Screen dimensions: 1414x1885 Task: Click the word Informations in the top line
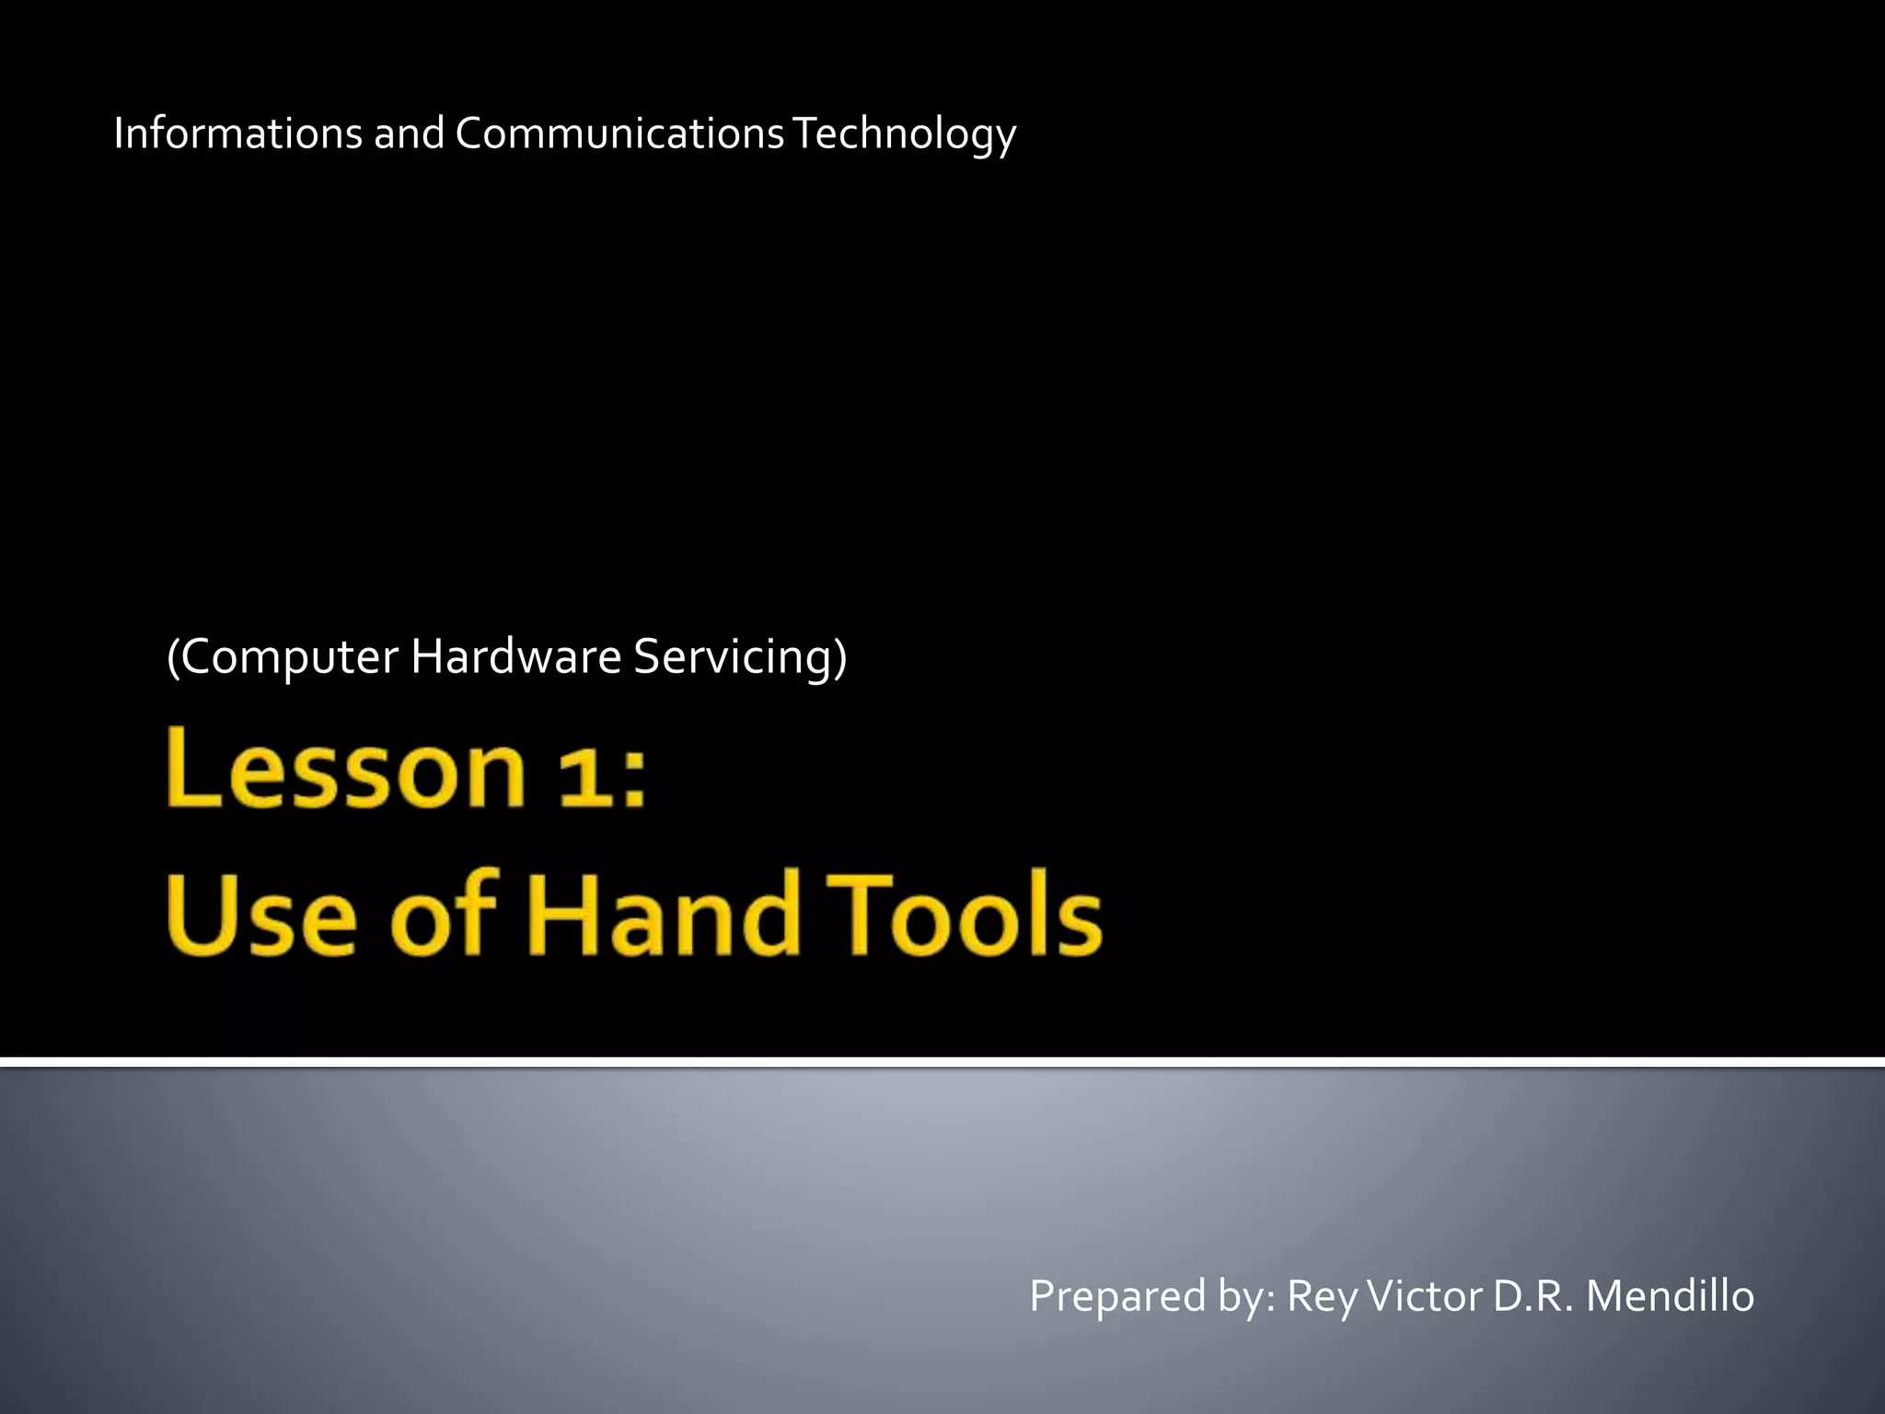pos(237,133)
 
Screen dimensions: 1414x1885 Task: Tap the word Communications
pos(619,133)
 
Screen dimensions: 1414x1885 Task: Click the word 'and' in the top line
pos(409,133)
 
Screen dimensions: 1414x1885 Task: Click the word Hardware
pos(515,656)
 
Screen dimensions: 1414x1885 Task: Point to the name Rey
pos(1322,1297)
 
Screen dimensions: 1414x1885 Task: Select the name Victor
pos(1425,1295)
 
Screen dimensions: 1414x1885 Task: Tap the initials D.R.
pos(1532,1295)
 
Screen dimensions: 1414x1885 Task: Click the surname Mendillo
pos(1670,1295)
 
